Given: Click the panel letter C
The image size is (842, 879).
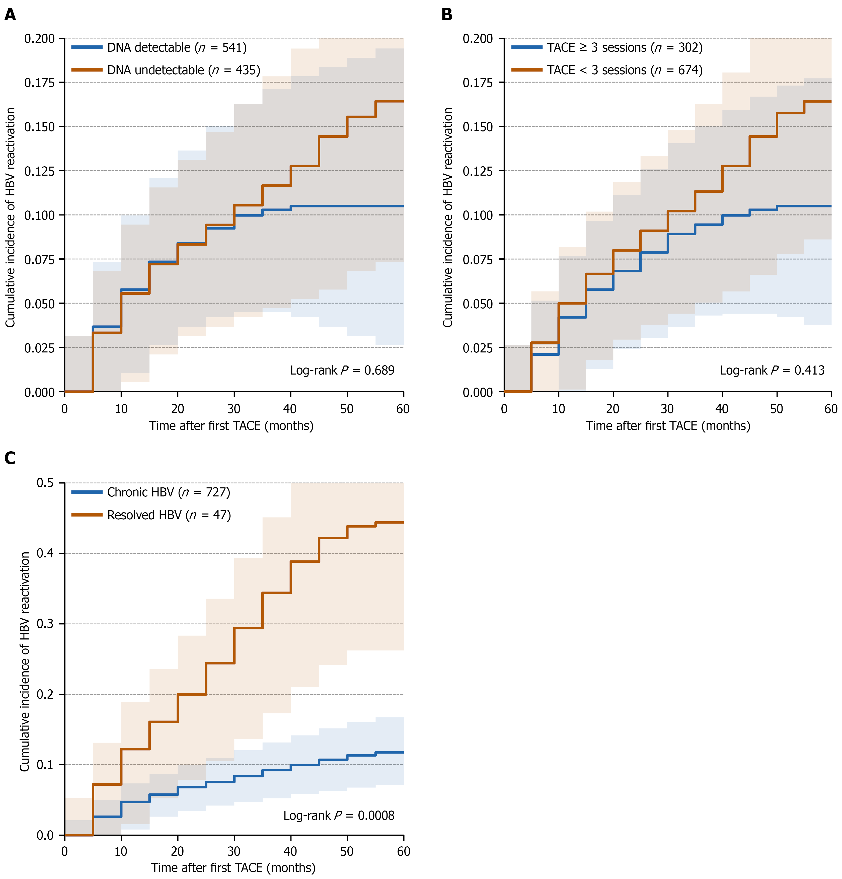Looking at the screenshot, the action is tap(10, 458).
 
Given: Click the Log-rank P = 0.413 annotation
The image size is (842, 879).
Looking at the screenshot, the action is tap(772, 370).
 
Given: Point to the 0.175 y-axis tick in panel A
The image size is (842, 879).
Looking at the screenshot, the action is tap(39, 83).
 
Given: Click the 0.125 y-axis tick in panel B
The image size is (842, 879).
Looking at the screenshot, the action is tap(478, 171).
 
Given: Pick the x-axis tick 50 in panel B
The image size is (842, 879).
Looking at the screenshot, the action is tap(777, 409).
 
